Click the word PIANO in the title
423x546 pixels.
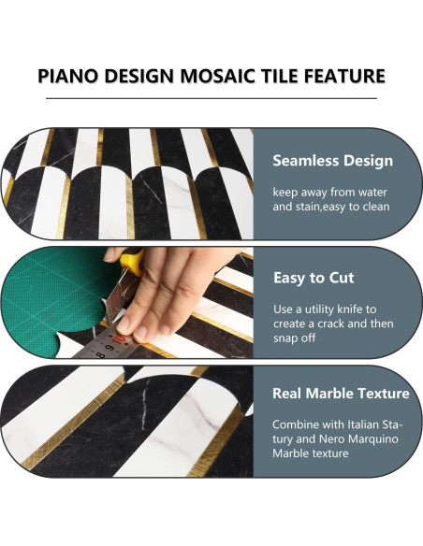[67, 76]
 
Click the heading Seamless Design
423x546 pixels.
[332, 161]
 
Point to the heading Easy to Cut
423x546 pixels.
[313, 278]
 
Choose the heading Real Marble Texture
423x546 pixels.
[341, 394]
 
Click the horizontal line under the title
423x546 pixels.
[211, 97]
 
